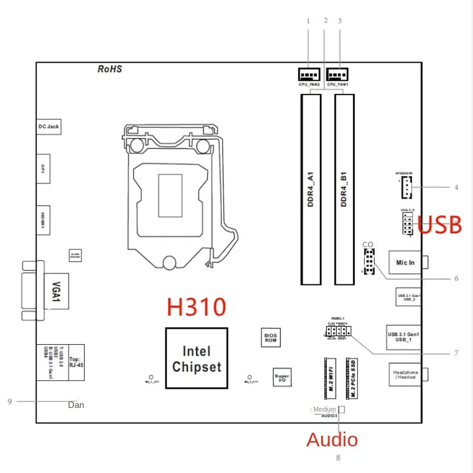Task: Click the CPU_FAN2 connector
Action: click(308, 75)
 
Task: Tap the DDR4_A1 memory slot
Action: click(310, 190)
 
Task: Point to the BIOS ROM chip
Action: click(270, 338)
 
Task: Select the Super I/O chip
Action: click(282, 377)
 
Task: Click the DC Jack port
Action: click(48, 127)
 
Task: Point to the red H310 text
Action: click(196, 307)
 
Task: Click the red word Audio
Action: click(332, 439)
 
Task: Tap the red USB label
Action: click(440, 225)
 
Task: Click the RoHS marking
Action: click(109, 69)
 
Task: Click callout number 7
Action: click(456, 354)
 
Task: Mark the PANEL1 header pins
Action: click(338, 333)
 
